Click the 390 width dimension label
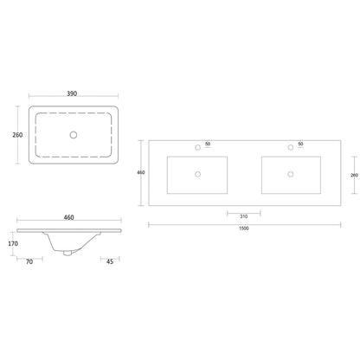pyautogui.click(x=72, y=93)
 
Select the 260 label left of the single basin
pyautogui.click(x=17, y=135)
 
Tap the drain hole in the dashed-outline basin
pyautogui.click(x=74, y=135)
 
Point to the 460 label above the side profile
pyautogui.click(x=68, y=217)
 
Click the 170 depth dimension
pyautogui.click(x=13, y=244)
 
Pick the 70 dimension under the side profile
pyautogui.click(x=29, y=261)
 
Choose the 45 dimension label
pyautogui.click(x=110, y=261)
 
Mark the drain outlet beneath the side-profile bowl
pyautogui.click(x=67, y=253)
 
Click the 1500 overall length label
pyautogui.click(x=244, y=228)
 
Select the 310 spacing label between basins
pyautogui.click(x=244, y=216)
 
